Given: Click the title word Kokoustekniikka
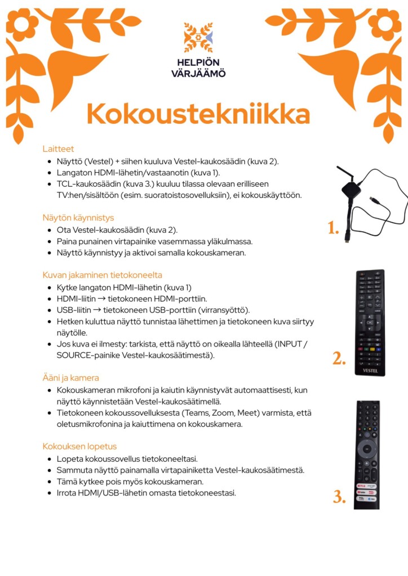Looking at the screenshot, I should (198, 114).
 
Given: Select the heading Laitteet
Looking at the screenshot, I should (58, 149).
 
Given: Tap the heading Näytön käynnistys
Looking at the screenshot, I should (78, 218).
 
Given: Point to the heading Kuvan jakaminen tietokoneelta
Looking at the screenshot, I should (102, 275).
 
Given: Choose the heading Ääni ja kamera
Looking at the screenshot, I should (70, 377).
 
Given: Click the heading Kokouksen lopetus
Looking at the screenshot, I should (79, 446).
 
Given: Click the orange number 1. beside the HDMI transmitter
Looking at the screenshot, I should (333, 228).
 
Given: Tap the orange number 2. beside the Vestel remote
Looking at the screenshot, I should (338, 358).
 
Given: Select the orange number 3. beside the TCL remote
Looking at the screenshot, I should (339, 497).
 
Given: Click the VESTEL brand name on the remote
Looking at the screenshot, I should (370, 371).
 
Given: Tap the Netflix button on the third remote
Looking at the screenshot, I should (362, 485).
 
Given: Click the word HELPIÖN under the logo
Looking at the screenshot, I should (198, 62).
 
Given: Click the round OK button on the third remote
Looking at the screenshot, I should (367, 449).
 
